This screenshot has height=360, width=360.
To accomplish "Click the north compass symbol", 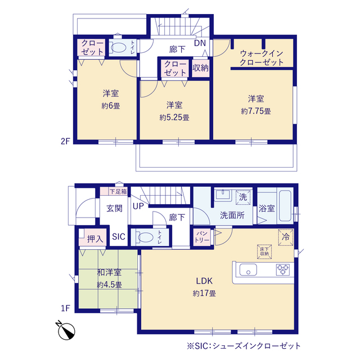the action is click(x=66, y=331).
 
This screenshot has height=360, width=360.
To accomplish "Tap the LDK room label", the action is click(x=204, y=281).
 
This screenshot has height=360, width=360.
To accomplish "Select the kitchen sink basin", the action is click(x=248, y=269).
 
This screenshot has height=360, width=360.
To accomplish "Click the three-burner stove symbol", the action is click(x=282, y=269).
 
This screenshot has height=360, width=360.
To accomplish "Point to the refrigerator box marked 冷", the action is click(x=286, y=237).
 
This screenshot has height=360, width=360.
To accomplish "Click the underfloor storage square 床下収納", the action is click(x=264, y=251).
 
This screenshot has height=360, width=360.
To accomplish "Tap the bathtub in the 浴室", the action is click(x=285, y=206).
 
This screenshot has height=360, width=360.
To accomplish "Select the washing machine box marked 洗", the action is click(x=243, y=197).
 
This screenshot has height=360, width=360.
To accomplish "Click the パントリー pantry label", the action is click(x=202, y=237).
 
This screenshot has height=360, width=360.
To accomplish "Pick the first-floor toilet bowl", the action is click(x=145, y=237).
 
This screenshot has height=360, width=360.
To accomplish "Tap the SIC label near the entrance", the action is click(x=119, y=236).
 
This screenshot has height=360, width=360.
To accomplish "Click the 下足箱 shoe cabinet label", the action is click(x=118, y=191).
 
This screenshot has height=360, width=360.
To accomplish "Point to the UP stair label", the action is click(x=138, y=206).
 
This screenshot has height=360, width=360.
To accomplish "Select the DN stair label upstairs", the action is click(x=200, y=43).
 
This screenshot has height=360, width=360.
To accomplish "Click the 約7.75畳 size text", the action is click(x=256, y=111).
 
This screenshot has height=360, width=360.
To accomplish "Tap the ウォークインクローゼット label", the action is click(x=262, y=58).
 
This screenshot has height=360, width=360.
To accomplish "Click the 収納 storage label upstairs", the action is click(x=200, y=67).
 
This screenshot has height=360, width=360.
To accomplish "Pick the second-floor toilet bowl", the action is click(x=119, y=48).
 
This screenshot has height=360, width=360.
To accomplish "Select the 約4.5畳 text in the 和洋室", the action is click(x=109, y=285).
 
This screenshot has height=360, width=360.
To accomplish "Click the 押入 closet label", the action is click(x=95, y=239).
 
